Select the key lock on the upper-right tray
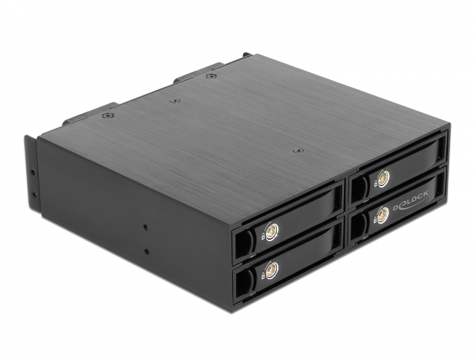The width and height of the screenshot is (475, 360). click(382, 179)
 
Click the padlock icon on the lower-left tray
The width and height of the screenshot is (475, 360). click(259, 275)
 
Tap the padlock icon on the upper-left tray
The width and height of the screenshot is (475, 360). click(259, 238)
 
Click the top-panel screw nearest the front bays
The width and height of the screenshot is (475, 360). click(294, 150)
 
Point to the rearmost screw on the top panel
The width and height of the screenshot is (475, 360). click(210, 76)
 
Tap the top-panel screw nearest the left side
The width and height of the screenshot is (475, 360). click(109, 115)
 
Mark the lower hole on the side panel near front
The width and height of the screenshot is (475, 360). click(146, 252)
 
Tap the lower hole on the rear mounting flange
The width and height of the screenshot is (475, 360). click(31, 195)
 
